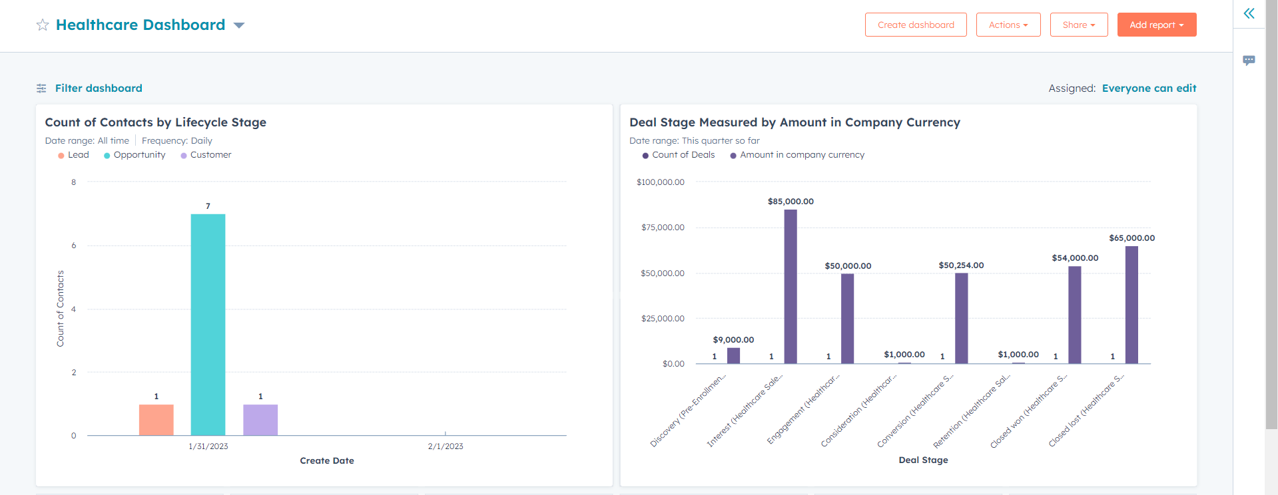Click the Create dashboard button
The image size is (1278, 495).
point(916,25)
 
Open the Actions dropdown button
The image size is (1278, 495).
point(1008,25)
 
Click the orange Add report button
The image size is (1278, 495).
point(1156,25)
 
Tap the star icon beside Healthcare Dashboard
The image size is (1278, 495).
point(43,25)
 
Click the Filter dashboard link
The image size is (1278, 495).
point(98,88)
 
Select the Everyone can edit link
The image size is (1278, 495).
point(1149,88)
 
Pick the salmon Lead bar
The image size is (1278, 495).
point(156,420)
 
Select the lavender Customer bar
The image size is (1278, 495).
point(260,420)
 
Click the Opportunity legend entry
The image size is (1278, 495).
point(139,154)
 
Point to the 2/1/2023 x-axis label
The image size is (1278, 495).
point(445,446)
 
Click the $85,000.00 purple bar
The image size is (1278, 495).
point(791,286)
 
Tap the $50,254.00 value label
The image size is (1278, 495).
point(961,265)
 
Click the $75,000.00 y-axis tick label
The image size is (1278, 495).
point(663,228)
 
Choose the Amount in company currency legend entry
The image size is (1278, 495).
point(802,154)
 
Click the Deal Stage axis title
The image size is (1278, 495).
point(923,460)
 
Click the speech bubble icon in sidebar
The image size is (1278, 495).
point(1249,60)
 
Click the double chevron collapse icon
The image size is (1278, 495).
point(1249,13)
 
